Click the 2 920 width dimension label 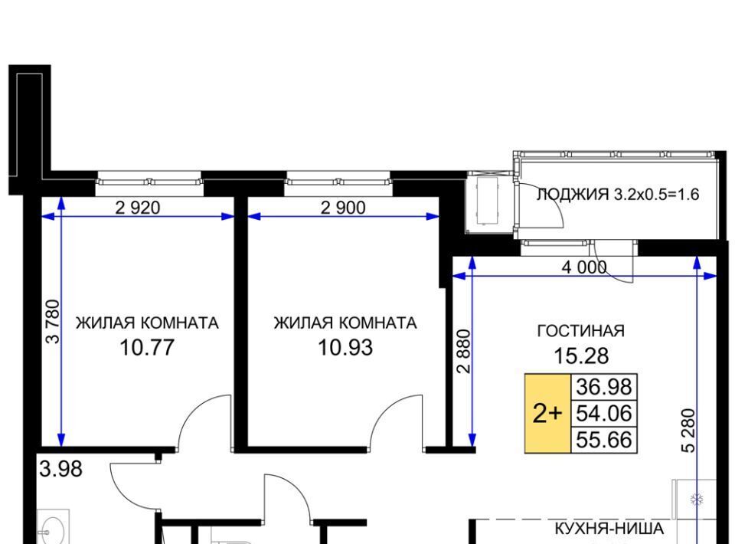click(x=138, y=208)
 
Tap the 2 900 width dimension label click(x=343, y=208)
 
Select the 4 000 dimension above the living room click(x=584, y=267)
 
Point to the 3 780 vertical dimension click(x=53, y=322)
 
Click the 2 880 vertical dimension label click(x=464, y=351)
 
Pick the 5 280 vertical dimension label click(x=688, y=431)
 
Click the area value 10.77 click(x=147, y=348)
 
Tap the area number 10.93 click(x=345, y=348)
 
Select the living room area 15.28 click(x=581, y=356)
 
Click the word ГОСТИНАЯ click(x=581, y=331)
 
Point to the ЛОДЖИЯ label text click(x=573, y=194)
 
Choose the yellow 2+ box click(x=547, y=414)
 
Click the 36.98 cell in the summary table click(x=604, y=387)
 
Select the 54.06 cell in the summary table click(x=604, y=414)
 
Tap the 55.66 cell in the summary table click(x=604, y=440)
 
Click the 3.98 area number click(x=61, y=469)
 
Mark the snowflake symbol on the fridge click(x=697, y=499)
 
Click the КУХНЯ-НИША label click(x=609, y=529)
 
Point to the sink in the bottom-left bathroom click(x=53, y=527)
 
